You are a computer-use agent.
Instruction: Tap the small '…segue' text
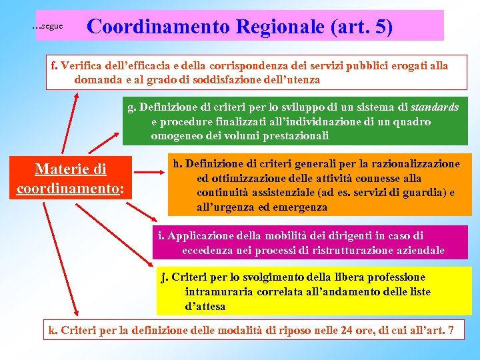click(x=47, y=26)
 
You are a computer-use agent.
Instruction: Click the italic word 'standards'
click(x=435, y=107)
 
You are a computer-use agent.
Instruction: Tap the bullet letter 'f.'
click(x=55, y=65)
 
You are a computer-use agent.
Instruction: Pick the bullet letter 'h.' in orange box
click(x=177, y=163)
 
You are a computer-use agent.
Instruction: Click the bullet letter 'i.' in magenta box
click(x=161, y=235)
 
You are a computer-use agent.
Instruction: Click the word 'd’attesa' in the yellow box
click(x=205, y=307)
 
